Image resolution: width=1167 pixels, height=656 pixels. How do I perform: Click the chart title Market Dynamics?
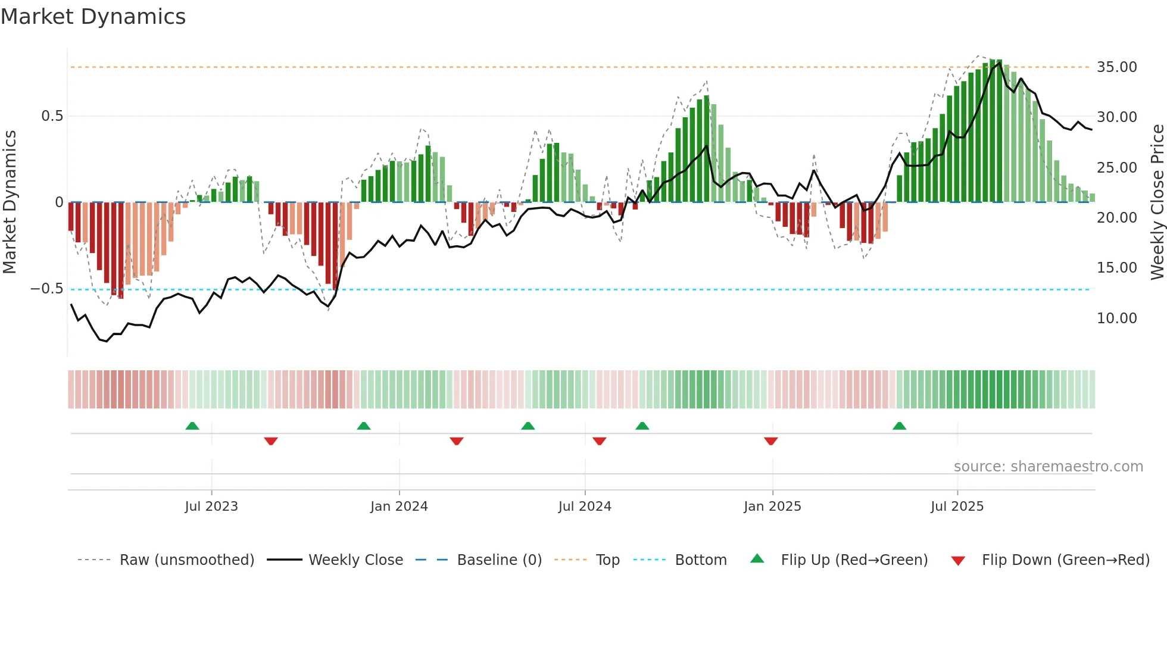(93, 17)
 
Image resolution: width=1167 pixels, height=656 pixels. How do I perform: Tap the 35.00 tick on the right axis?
(1116, 67)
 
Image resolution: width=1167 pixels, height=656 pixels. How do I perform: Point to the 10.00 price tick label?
(1116, 318)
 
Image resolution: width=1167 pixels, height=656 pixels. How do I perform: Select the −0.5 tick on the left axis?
(47, 289)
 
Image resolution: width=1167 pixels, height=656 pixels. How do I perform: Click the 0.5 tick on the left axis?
(52, 116)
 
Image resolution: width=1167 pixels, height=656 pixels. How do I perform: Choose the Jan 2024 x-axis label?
(399, 507)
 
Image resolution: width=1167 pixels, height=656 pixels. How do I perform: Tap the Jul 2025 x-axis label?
(957, 507)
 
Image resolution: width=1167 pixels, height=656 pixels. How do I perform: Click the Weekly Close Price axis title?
(1157, 202)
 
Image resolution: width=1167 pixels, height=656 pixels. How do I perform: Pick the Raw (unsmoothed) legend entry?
(186, 560)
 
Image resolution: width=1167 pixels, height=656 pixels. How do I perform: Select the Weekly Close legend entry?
(355, 560)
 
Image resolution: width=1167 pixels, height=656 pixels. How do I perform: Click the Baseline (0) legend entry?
(499, 560)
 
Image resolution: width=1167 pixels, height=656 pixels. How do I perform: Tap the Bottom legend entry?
(701, 560)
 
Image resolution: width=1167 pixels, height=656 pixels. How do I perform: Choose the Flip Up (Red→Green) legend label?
(854, 560)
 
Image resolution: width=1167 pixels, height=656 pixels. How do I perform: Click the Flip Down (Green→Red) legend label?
(1065, 560)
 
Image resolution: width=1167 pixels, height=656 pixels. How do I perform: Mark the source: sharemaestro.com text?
(1048, 467)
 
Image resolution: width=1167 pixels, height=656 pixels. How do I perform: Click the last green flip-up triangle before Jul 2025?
(899, 426)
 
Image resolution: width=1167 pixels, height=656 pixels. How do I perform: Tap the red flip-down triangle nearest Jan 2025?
(770, 441)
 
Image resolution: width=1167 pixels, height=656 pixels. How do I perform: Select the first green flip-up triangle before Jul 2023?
(192, 426)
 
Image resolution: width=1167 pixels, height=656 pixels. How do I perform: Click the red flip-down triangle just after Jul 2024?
(599, 441)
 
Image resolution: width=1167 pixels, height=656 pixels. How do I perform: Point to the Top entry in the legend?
(607, 560)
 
